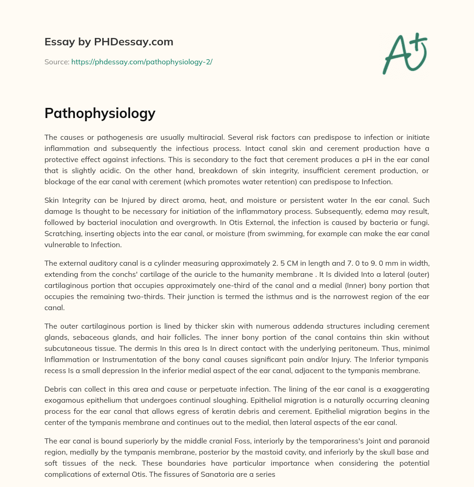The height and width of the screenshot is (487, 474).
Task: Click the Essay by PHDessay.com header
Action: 109,42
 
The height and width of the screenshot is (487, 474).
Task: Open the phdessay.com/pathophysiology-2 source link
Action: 142,62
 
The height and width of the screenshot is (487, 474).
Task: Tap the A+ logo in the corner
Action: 405,53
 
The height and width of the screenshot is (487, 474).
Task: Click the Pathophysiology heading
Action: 100,113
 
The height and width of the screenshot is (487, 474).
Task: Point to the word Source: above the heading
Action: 56,62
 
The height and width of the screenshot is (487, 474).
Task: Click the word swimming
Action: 276,233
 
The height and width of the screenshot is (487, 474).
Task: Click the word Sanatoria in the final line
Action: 214,474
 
